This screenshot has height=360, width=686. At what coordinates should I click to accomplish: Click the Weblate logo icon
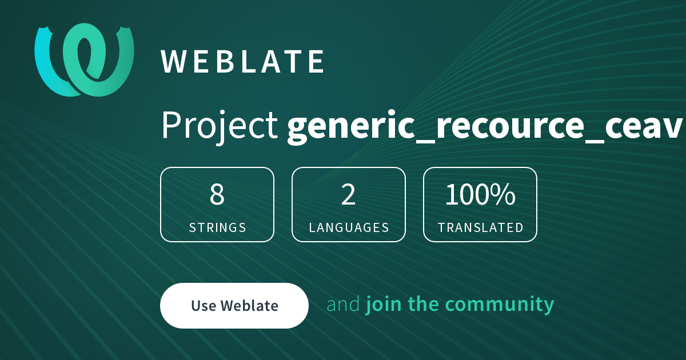coord(84,60)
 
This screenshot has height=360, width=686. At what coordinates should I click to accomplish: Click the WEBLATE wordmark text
coord(242,62)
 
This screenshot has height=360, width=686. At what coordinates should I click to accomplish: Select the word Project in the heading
coord(220,126)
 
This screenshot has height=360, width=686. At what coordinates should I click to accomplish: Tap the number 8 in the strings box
coord(217,194)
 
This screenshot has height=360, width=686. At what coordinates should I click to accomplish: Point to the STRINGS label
coord(217,228)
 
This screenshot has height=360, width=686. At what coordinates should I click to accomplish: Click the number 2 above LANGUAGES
coord(348,194)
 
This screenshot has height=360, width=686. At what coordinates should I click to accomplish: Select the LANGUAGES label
coord(349,228)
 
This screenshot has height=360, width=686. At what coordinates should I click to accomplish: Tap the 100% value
coord(480,194)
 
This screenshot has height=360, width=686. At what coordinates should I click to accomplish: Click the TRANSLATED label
coord(481,228)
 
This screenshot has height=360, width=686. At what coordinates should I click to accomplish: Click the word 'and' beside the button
coord(343,304)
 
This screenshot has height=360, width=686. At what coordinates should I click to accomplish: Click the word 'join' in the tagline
coord(384,305)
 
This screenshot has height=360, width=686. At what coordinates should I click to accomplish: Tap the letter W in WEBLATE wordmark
coord(174,62)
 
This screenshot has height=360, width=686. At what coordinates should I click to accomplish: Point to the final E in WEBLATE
coord(316,62)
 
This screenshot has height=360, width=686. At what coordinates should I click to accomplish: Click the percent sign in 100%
coord(505,194)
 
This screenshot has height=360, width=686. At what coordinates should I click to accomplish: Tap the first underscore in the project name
coord(426,142)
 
